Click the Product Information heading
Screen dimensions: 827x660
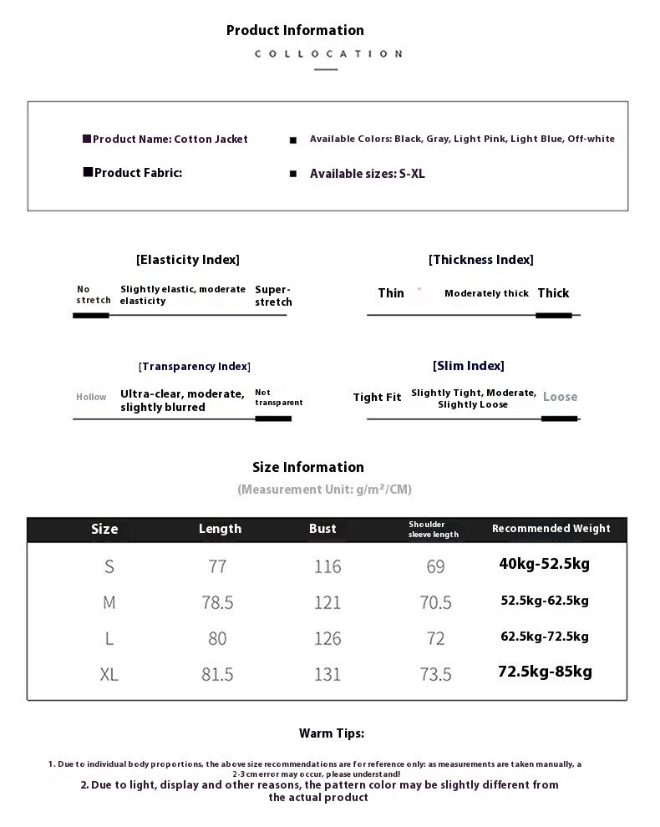point(295,30)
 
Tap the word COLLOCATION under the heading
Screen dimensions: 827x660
point(327,53)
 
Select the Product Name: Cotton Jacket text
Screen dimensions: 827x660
point(170,140)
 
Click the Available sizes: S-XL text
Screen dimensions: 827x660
point(367,174)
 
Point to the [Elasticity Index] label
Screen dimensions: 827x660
point(187,260)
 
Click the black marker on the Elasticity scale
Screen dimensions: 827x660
point(91,316)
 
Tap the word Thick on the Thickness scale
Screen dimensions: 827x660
point(553,293)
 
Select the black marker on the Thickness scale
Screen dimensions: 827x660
point(553,315)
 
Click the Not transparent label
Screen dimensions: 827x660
point(278,398)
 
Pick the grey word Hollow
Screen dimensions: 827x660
point(91,398)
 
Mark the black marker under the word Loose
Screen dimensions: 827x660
point(559,418)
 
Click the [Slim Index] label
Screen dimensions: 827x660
point(468,366)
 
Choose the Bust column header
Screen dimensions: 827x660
point(322,529)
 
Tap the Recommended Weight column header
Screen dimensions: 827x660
point(551,529)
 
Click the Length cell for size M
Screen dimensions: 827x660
point(217,602)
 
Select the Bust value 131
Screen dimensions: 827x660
point(327,674)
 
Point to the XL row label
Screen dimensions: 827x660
point(109,674)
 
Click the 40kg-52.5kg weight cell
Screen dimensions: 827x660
point(544,564)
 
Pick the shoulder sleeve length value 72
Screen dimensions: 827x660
point(435,638)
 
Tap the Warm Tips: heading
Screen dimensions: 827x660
point(332,733)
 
